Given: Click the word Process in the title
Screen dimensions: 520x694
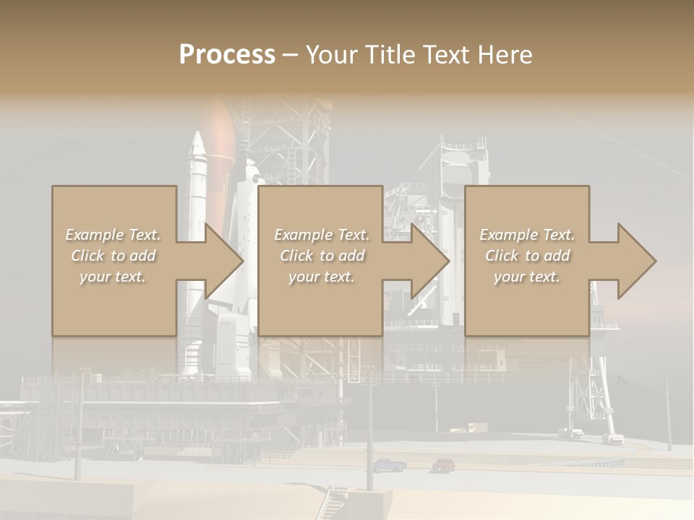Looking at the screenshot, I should coord(227,54).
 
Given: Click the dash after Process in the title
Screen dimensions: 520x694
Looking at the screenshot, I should coord(290,56).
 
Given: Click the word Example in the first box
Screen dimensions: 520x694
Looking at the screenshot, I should coord(93,235).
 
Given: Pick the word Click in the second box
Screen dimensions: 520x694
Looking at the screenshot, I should coord(298,256).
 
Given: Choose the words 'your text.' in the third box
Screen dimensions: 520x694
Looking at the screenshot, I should coord(527,277).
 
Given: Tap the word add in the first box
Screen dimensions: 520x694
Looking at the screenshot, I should coord(142,256).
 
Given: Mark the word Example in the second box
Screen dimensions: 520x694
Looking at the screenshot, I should coord(302,235).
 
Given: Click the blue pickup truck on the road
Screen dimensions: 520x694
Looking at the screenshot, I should coord(389,465).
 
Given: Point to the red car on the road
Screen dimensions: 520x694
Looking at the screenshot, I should coord(444,464).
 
